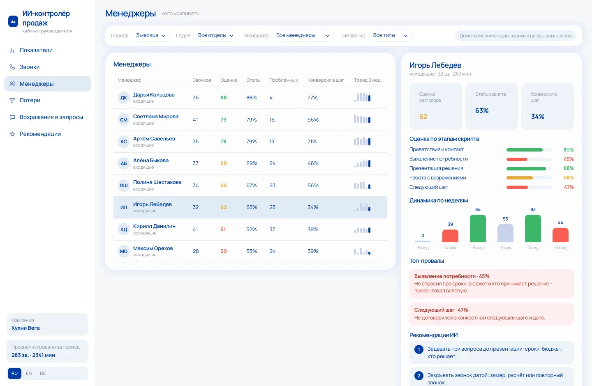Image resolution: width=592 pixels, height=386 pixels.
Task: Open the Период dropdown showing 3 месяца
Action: coord(150,36)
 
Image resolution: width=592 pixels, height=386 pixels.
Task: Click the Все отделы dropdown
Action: coord(215,36)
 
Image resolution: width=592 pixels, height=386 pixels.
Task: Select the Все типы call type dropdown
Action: coord(390,36)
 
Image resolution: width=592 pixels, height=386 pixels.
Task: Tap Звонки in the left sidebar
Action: coord(30,67)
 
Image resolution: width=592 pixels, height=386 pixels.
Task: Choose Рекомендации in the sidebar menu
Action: coord(40,134)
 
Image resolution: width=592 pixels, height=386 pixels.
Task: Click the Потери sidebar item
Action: coord(30,100)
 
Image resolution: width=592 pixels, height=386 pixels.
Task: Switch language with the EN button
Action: coord(29,373)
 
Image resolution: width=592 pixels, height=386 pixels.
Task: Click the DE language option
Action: coord(43,373)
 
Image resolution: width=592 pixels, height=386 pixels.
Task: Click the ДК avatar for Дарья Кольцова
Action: coord(124,98)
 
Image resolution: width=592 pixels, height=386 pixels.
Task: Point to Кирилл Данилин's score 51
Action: coord(223,230)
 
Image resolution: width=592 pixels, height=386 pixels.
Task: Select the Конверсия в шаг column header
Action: coord(326,80)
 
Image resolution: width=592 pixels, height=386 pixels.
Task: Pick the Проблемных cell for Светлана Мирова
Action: coord(272,120)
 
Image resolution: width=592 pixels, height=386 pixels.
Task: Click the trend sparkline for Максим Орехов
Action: coord(362,251)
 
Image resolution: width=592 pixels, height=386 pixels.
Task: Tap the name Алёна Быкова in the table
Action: coord(150,160)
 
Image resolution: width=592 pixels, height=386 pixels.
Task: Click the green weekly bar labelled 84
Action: coord(478,228)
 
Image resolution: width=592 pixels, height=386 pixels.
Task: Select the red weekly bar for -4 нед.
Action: coord(450,236)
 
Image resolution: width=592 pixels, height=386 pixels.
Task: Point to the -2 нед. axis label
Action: coord(505,248)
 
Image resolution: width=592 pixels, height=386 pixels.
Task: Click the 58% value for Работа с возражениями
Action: coord(569,178)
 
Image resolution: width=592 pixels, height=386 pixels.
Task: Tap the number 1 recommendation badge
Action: coord(419,349)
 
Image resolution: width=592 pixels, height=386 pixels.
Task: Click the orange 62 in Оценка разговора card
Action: coord(423,117)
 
